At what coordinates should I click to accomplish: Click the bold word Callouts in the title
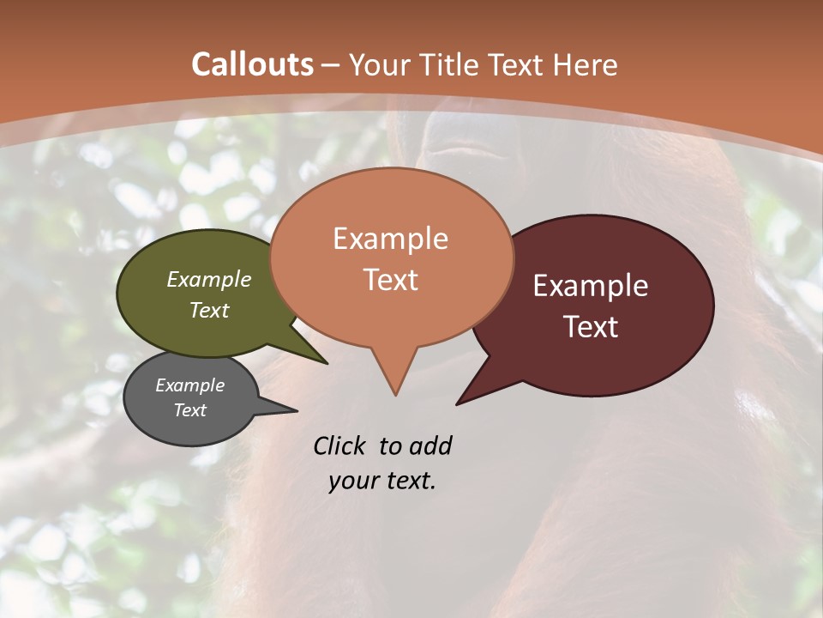coord(253,64)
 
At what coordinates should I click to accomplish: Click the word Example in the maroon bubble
coord(591,286)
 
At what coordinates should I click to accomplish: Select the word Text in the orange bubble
coord(391,280)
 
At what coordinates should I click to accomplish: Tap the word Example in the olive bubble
coord(209,279)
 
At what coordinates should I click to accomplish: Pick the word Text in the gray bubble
coord(190,410)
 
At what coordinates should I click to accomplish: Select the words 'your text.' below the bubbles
coord(382,481)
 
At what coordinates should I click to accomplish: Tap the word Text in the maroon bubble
coord(592,327)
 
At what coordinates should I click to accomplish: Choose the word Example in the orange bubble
coord(391,239)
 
